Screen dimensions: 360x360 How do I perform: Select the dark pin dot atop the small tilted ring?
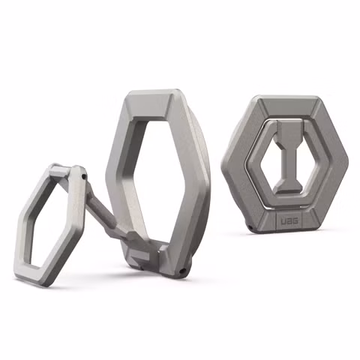click(83, 177)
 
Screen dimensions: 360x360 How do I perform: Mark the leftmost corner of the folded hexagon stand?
click(224, 160)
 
